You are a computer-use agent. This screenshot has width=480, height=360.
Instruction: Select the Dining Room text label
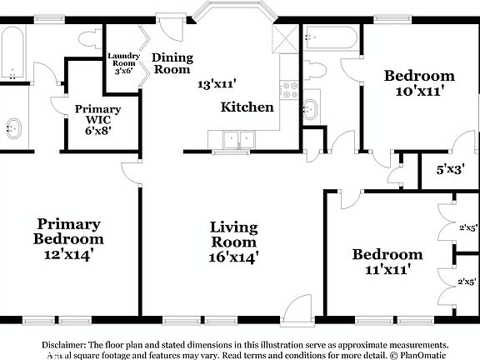point(172,64)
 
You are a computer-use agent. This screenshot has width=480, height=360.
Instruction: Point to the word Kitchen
point(247,107)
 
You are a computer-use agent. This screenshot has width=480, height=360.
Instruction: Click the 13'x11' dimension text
point(217,84)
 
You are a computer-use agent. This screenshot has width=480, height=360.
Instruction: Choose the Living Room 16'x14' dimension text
point(233,257)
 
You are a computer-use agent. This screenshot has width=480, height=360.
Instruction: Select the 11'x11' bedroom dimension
point(386,270)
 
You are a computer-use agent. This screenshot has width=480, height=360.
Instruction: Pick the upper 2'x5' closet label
point(467,227)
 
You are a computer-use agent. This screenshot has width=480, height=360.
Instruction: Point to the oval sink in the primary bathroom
point(14,128)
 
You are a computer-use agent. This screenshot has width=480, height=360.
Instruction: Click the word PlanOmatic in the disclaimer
point(421,355)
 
